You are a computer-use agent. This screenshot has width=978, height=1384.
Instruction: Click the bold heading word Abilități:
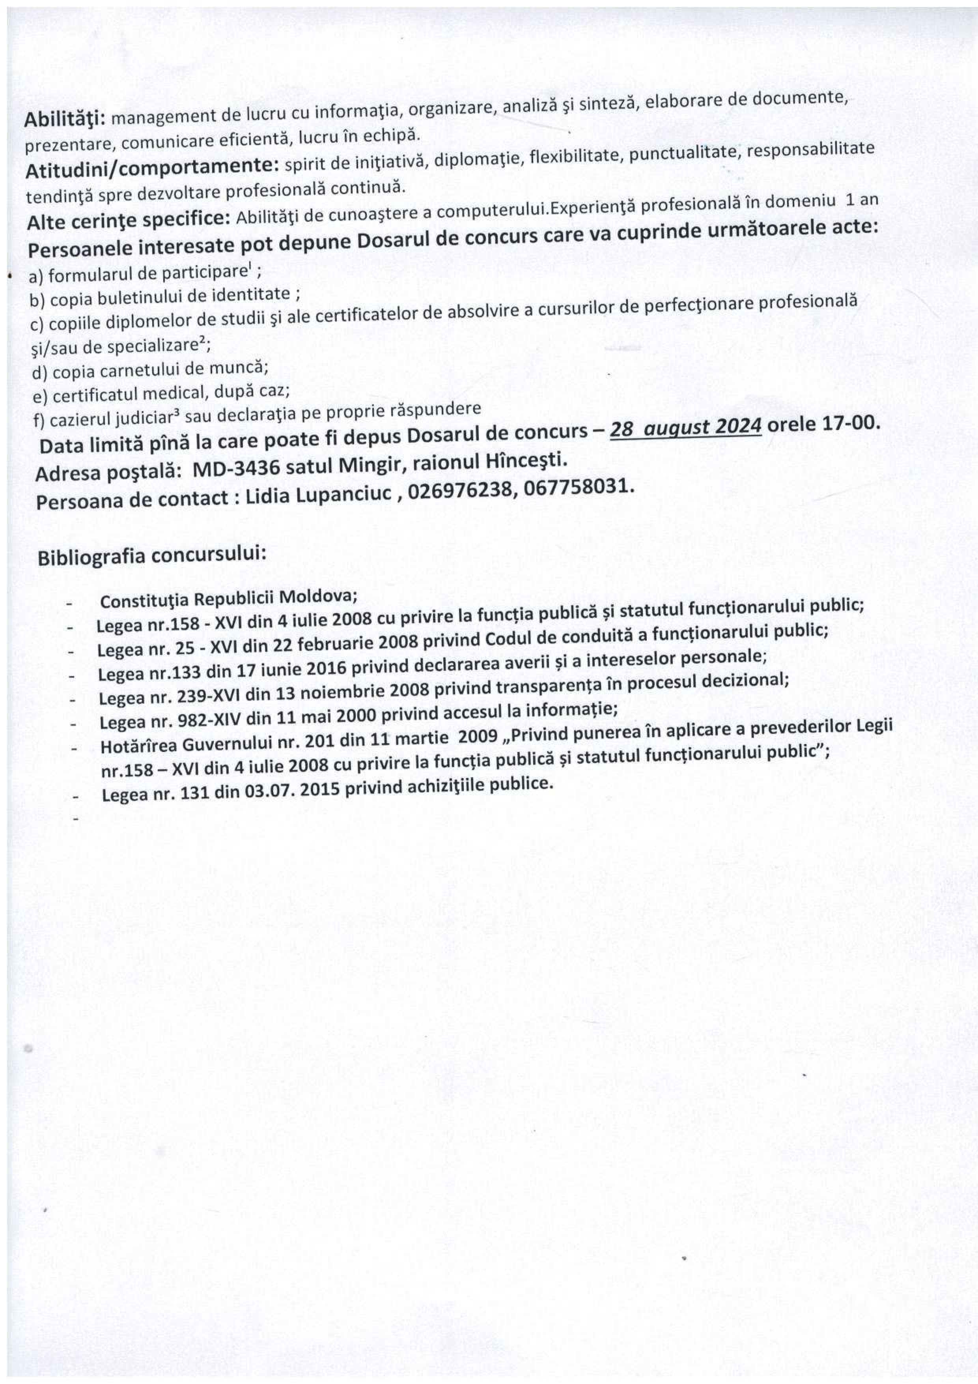(64, 118)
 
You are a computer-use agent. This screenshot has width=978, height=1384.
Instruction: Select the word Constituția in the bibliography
(143, 601)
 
